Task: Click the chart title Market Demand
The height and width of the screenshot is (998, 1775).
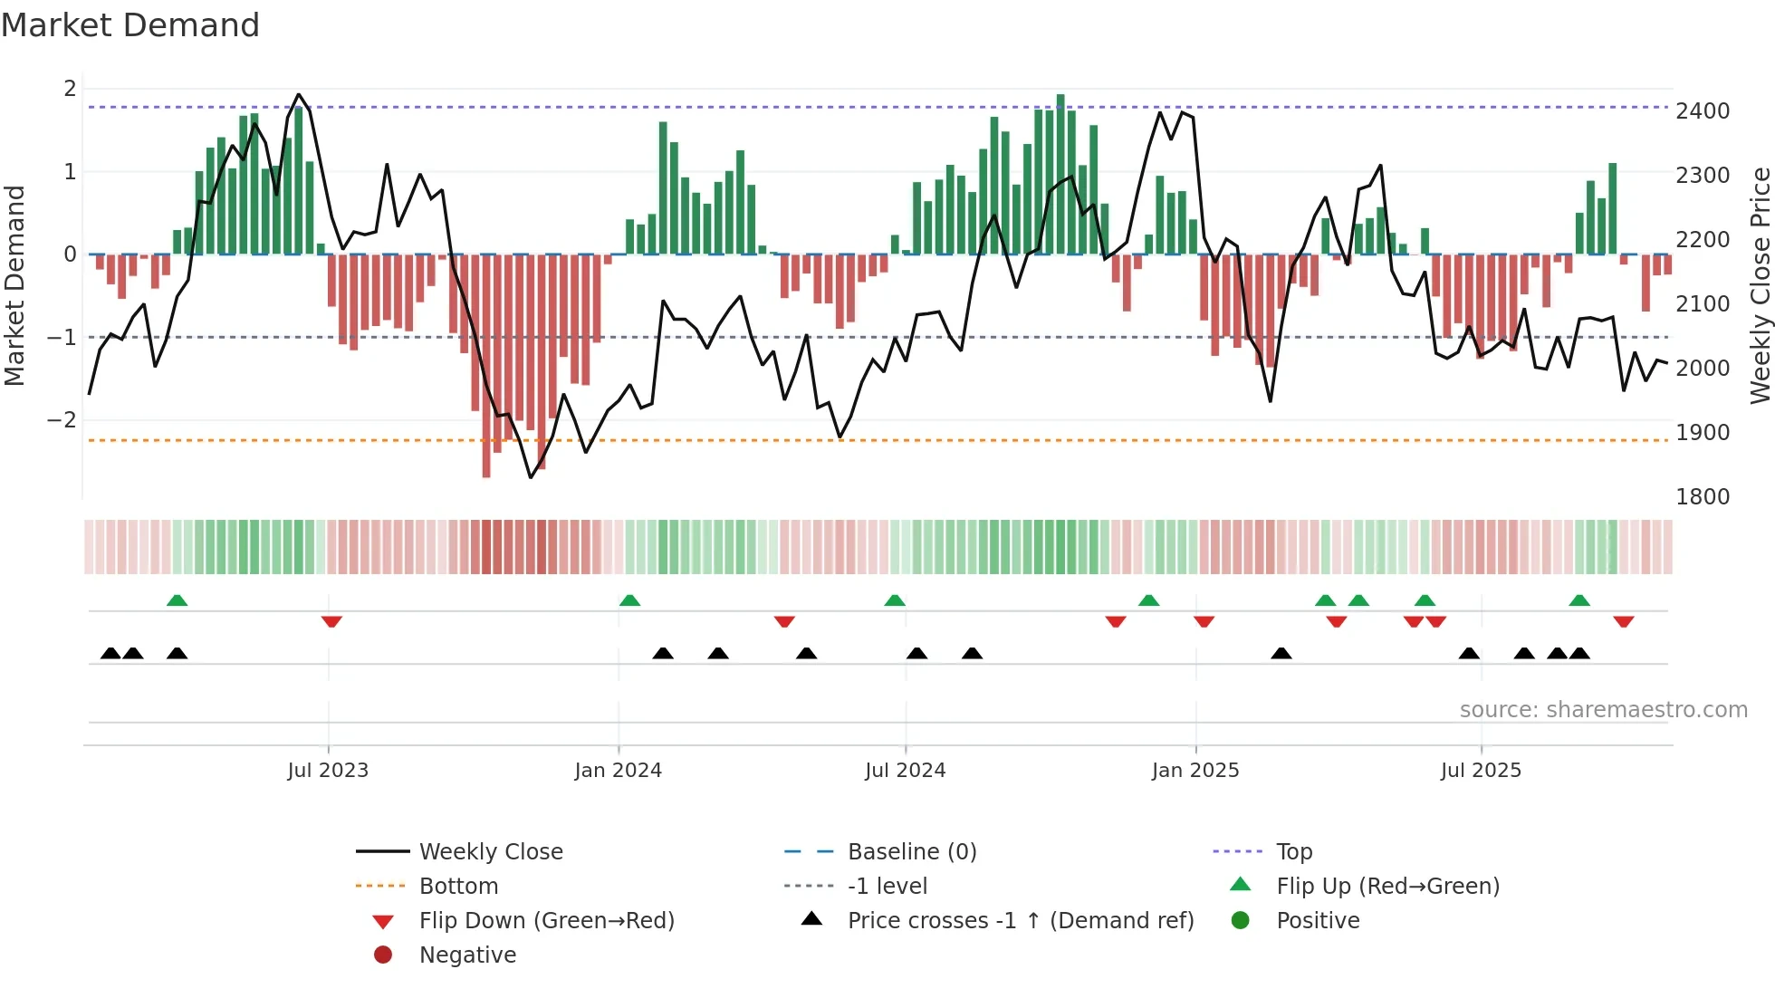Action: [130, 25]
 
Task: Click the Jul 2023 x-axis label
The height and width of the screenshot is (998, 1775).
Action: [328, 771]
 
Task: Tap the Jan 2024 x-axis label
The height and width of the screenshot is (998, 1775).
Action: [619, 771]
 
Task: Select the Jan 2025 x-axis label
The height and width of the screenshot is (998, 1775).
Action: [1195, 771]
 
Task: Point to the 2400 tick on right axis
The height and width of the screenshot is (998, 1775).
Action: [1703, 111]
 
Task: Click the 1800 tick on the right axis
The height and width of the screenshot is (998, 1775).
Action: [1703, 497]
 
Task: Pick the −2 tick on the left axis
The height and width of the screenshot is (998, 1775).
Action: [62, 420]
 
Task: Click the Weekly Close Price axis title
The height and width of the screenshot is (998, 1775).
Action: [1760, 285]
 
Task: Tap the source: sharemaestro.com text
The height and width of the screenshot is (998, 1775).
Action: [1603, 710]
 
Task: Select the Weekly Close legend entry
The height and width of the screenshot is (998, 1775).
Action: [490, 852]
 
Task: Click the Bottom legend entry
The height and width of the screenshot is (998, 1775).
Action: [458, 887]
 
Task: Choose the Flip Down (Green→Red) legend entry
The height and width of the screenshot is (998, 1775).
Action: [546, 921]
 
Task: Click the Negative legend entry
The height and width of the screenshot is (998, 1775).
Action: [467, 955]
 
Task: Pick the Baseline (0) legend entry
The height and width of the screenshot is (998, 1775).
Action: [911, 852]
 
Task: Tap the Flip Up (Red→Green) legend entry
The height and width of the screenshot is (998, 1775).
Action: [1387, 887]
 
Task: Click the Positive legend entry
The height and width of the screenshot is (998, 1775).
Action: [1318, 921]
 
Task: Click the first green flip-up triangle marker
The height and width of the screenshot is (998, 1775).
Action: [177, 600]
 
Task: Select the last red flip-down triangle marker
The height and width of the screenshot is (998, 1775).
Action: [1623, 621]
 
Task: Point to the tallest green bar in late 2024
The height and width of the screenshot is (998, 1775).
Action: [1060, 172]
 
